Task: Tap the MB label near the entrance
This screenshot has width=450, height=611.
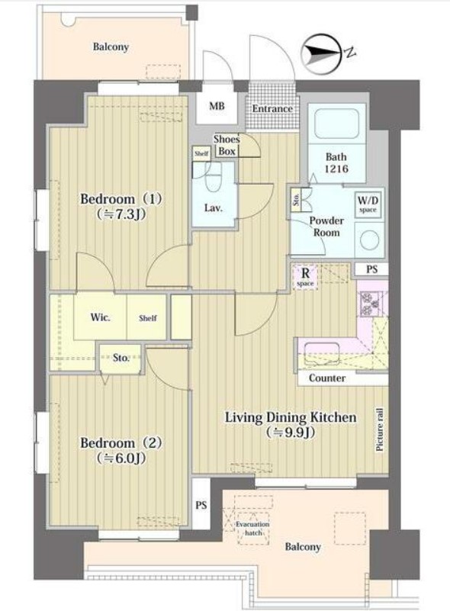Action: [x=217, y=106]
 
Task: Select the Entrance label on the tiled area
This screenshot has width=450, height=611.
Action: [x=272, y=109]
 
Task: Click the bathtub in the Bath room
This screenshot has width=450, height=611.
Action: [x=336, y=124]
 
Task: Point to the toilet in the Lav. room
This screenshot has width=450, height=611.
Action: [x=213, y=177]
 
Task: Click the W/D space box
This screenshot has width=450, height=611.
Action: [x=368, y=204]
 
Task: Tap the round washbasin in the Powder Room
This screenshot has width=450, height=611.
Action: [x=369, y=240]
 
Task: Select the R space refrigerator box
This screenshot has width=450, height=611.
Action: [x=305, y=276]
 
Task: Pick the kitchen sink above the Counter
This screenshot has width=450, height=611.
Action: [x=321, y=354]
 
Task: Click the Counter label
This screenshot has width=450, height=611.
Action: [x=327, y=378]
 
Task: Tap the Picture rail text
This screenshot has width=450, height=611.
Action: [x=380, y=429]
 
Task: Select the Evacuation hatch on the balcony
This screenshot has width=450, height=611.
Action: [x=252, y=529]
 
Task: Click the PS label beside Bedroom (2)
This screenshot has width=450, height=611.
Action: [x=201, y=506]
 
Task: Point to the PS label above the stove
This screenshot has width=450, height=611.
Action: [x=372, y=269]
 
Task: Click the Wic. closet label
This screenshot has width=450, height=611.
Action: [x=100, y=317]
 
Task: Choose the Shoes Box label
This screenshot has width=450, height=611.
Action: [x=227, y=145]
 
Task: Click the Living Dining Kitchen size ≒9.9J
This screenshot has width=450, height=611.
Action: [x=291, y=433]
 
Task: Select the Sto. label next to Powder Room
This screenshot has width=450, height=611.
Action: [x=296, y=199]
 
